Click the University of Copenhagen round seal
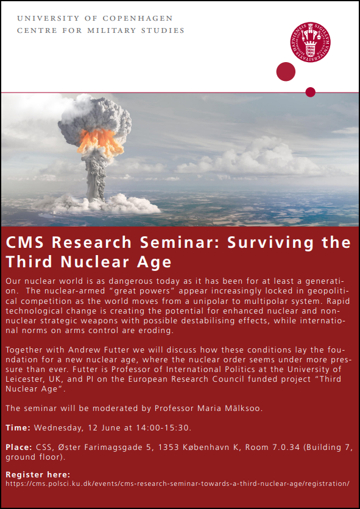pos(310,42)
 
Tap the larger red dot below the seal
pos(286,72)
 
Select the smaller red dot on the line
pos(310,92)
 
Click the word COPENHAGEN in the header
pos(138,18)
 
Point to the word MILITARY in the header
pos(111,31)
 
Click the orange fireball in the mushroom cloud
pos(100,141)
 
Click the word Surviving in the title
pos(270,243)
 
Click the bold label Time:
pos(18,428)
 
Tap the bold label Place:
pos(19,448)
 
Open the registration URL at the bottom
pos(178,483)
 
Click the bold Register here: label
pos(38,475)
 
